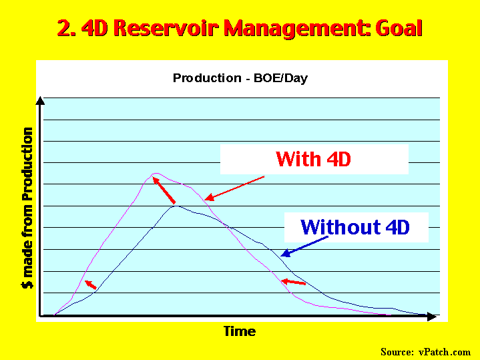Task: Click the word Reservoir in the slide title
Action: coord(166,28)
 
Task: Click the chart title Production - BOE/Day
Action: coord(240,78)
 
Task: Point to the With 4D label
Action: coord(313,159)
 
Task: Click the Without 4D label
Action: coord(355,227)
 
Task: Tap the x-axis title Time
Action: coord(240,331)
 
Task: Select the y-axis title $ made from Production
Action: coord(27,208)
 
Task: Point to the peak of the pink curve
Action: coord(156,174)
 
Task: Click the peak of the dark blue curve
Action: coord(176,206)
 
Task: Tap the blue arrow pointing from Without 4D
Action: coord(304,246)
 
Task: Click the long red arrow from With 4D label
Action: coord(234,188)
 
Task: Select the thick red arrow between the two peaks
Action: coord(164,190)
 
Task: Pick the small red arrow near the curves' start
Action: coord(91,285)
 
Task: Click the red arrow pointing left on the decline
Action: coord(293,282)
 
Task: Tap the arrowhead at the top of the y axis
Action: coord(40,101)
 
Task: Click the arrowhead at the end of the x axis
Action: coord(432,317)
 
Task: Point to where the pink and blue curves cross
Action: coord(227,226)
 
